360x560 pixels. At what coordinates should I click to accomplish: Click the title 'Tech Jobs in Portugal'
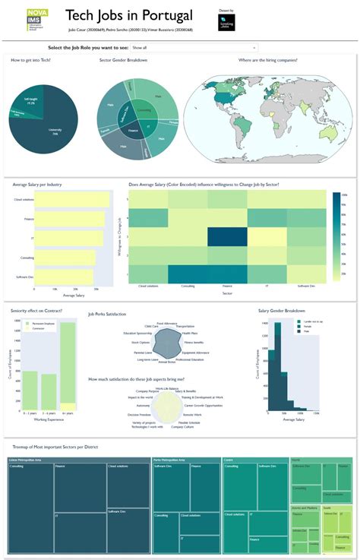coord(128,15)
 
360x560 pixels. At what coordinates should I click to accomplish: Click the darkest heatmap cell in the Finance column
coord(227,237)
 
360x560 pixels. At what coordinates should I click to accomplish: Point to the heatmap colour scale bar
coord(336,235)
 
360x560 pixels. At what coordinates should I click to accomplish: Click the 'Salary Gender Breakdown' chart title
coord(283,311)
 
